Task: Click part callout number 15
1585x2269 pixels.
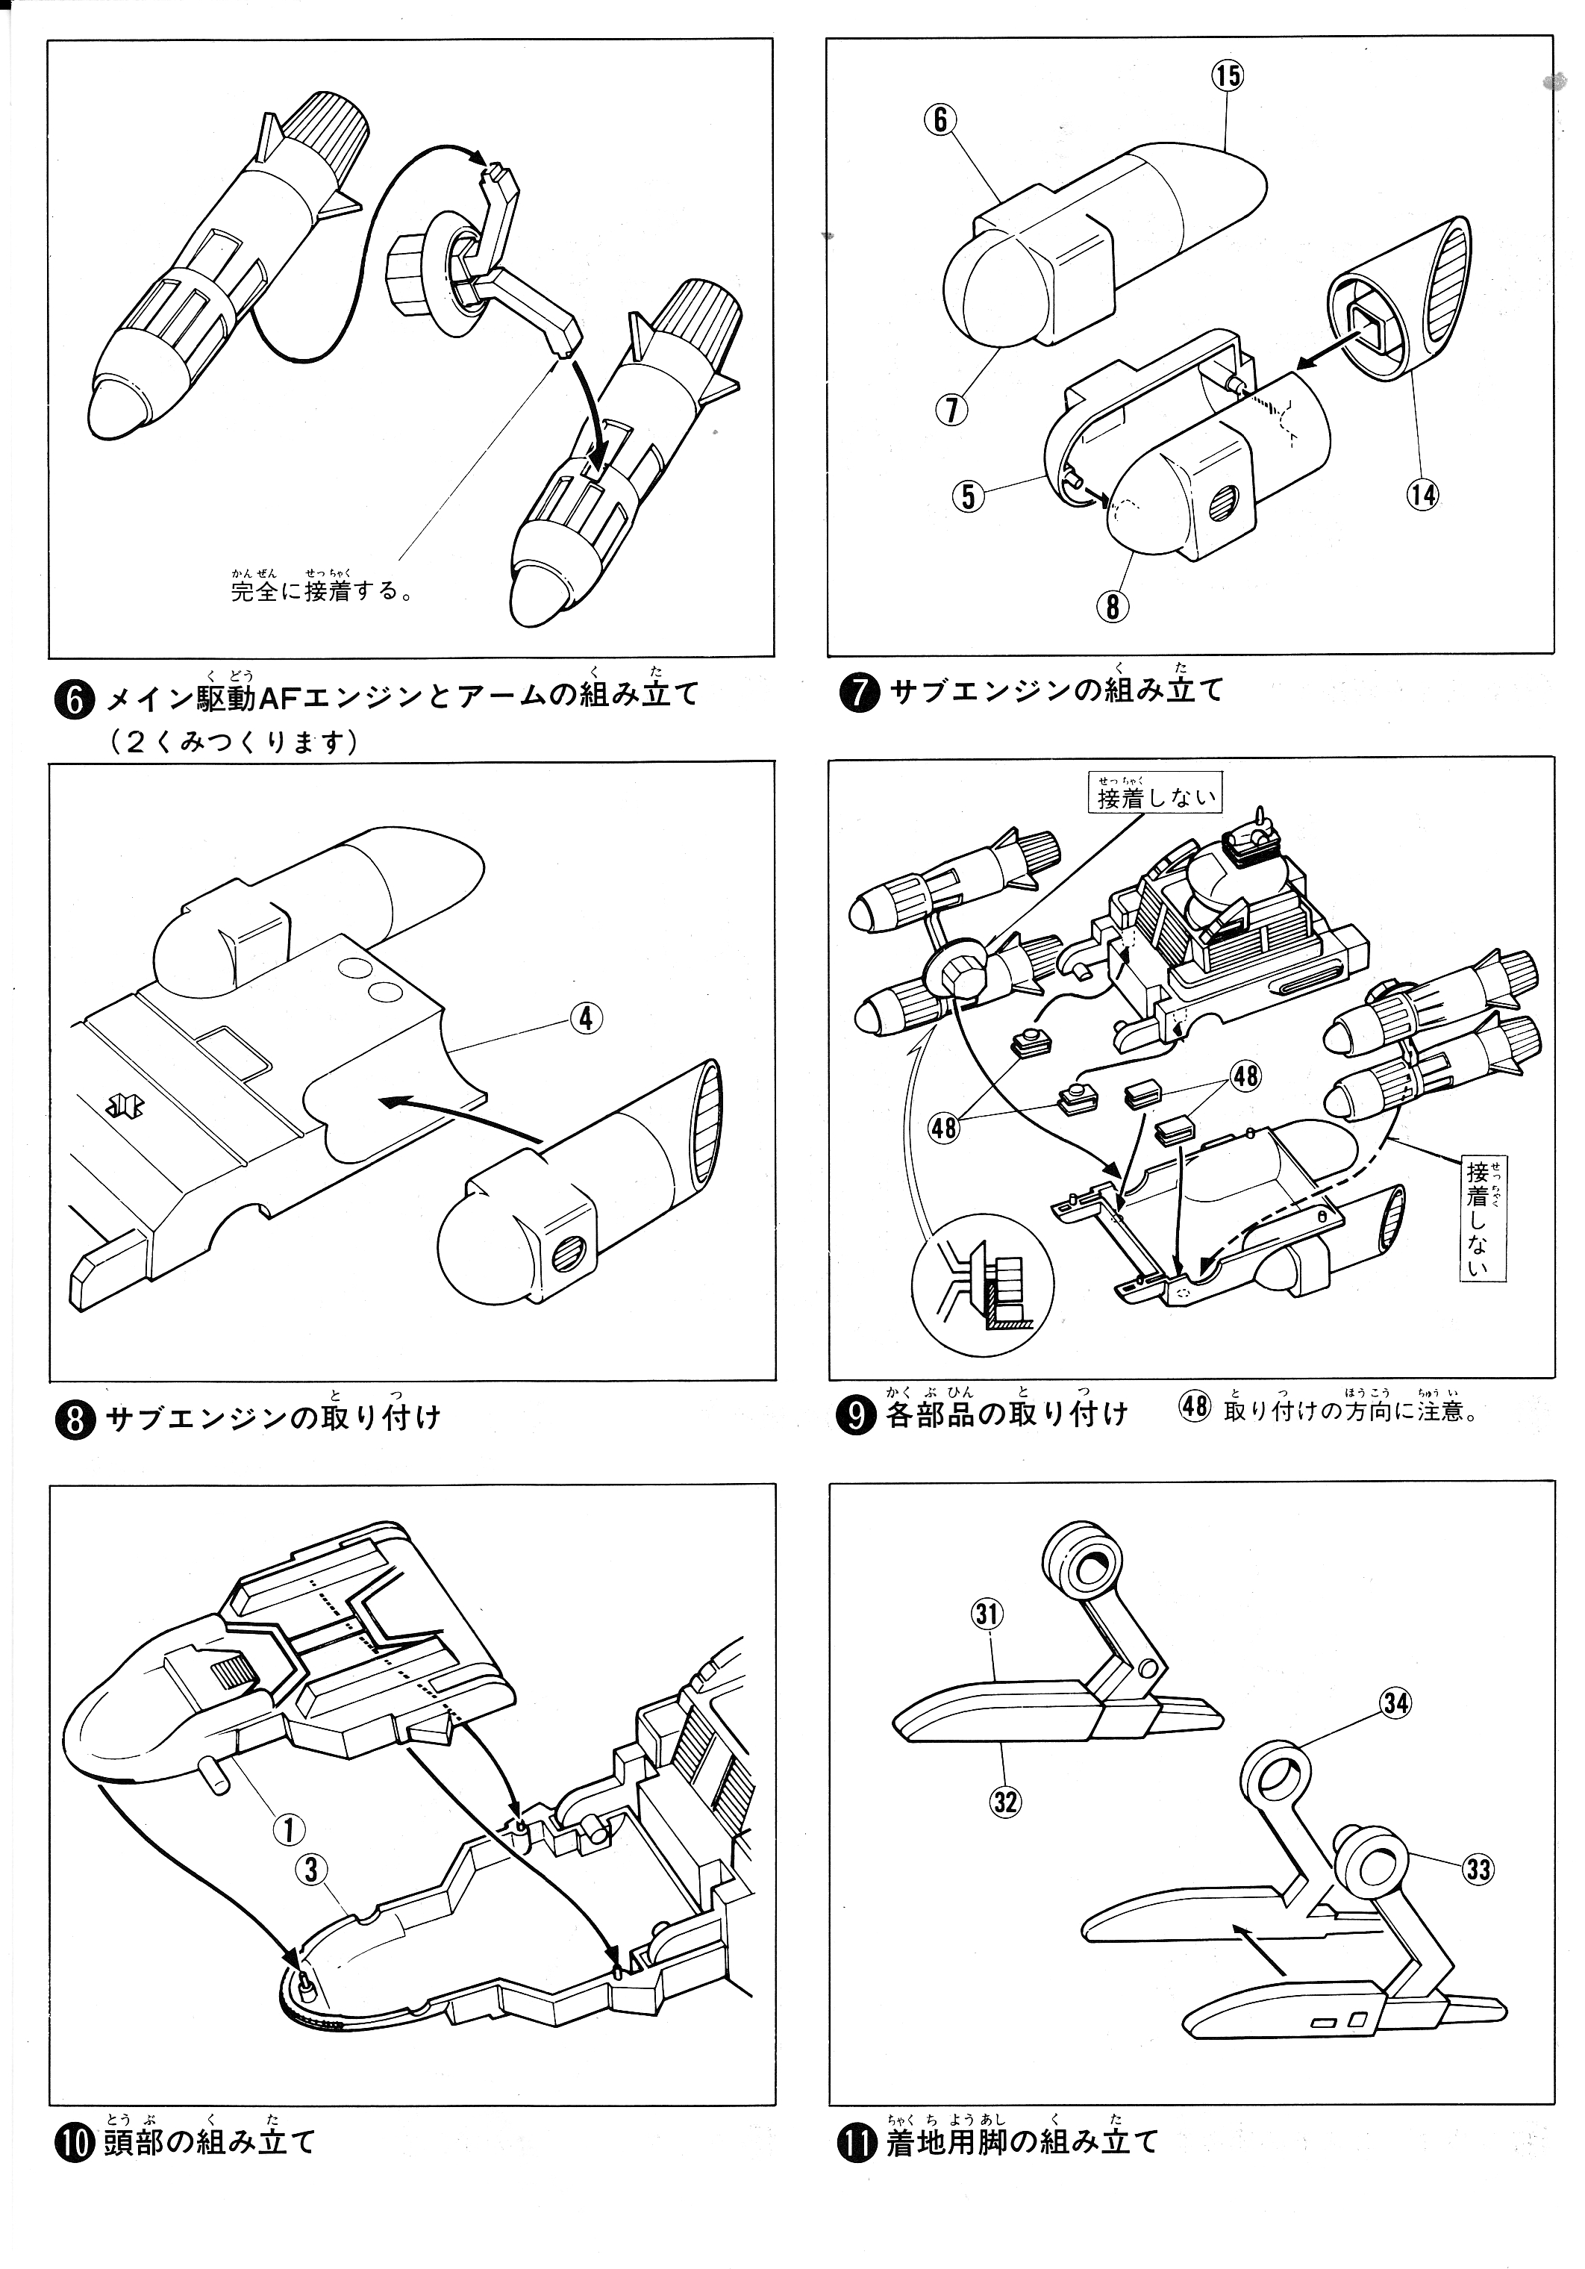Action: [1228, 76]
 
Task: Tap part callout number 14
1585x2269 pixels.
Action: [1422, 494]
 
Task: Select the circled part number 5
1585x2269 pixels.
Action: [969, 495]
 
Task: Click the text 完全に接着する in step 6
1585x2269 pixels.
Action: [321, 591]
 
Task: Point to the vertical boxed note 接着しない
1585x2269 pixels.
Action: [1478, 1219]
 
